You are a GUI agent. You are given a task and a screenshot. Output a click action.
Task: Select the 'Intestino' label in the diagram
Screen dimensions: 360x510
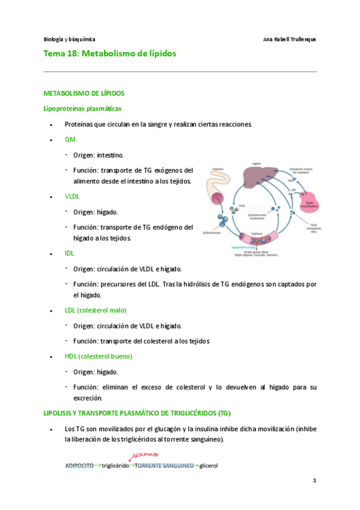pyautogui.click(x=218, y=170)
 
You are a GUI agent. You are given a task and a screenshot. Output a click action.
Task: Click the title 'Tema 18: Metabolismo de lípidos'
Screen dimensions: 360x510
pyautogui.click(x=110, y=54)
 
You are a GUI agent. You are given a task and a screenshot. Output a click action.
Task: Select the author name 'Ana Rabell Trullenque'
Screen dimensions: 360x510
pyautogui.click(x=290, y=39)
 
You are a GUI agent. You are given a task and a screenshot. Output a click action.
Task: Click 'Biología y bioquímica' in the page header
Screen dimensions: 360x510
pyautogui.click(x=69, y=39)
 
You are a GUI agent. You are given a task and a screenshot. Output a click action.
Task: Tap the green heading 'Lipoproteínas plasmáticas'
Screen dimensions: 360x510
pyautogui.click(x=83, y=109)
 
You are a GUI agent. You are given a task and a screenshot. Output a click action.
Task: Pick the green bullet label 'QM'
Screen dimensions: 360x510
pyautogui.click(x=70, y=140)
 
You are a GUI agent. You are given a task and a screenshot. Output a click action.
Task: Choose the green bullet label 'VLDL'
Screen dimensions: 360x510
pyautogui.click(x=72, y=197)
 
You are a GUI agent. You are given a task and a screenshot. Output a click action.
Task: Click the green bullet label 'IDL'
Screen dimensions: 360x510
pyautogui.click(x=69, y=254)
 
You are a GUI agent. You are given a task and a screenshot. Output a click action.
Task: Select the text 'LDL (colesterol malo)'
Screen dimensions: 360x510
pyautogui.click(x=96, y=310)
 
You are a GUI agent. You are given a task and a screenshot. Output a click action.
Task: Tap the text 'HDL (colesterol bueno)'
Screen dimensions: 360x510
pyautogui.click(x=99, y=356)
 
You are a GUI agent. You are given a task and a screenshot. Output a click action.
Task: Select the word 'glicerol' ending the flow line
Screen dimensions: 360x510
pyautogui.click(x=209, y=465)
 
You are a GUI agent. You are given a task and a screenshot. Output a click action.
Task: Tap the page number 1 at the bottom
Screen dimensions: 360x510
pyautogui.click(x=314, y=482)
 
